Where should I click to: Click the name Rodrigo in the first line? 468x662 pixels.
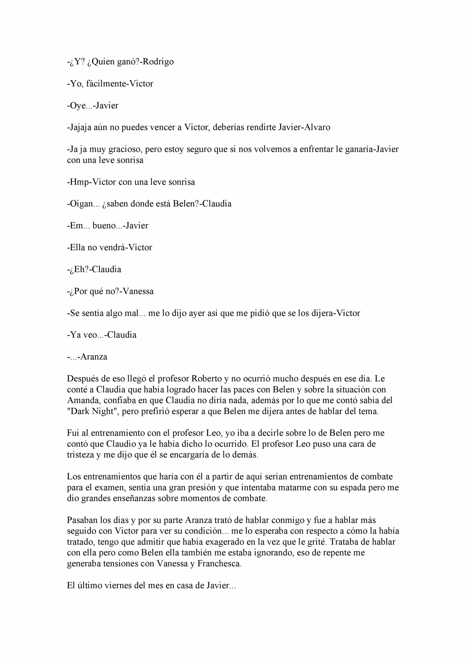pos(158,62)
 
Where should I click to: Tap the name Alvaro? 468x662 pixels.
pos(317,128)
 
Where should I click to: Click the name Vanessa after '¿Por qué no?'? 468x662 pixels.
pos(138,291)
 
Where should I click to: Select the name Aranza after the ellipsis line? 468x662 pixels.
pos(94,357)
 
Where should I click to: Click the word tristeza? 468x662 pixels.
pos(80,455)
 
